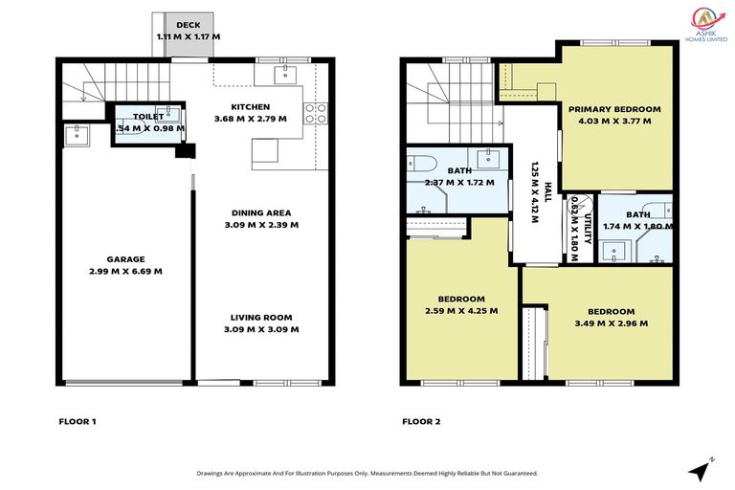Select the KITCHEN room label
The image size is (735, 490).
click(x=251, y=107)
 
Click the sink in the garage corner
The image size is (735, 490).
click(x=76, y=135)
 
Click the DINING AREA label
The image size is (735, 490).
click(x=260, y=213)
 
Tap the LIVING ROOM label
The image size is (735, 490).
click(x=260, y=318)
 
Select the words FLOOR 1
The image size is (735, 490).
click(x=77, y=421)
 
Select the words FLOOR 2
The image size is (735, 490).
click(x=421, y=421)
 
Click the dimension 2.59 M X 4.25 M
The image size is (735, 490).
click(x=461, y=310)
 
